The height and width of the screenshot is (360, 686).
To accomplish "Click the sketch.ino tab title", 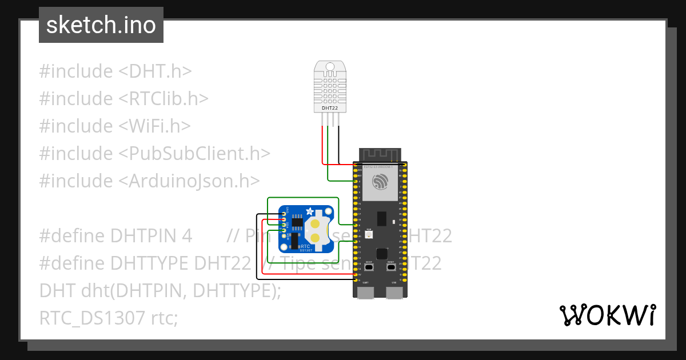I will click(x=101, y=25).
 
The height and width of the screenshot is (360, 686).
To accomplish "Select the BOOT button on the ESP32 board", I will click(x=369, y=267).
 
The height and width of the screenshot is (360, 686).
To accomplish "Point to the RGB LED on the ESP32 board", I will click(x=369, y=234).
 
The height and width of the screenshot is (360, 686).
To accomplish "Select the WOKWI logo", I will click(x=607, y=315).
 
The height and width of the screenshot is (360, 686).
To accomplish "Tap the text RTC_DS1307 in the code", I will click(x=92, y=318).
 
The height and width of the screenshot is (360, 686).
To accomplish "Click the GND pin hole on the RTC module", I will click(x=284, y=215).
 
